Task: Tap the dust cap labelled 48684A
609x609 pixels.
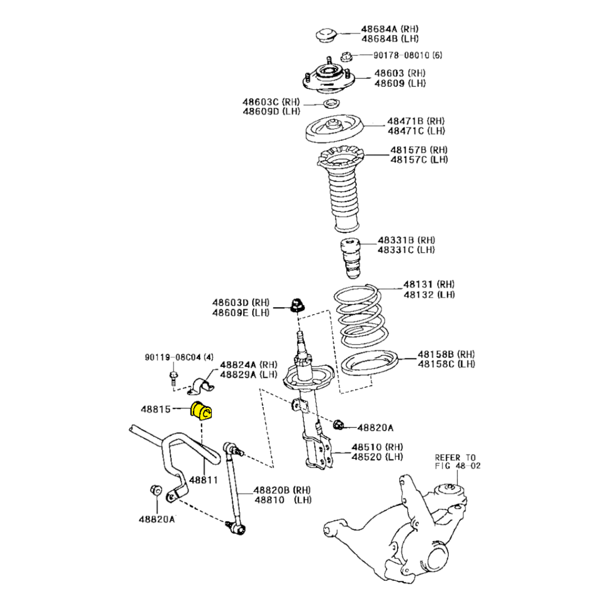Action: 325,34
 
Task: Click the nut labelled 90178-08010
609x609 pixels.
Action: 347,56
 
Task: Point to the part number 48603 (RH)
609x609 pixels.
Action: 400,73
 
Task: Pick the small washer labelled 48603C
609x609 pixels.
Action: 332,104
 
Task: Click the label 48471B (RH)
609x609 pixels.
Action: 416,121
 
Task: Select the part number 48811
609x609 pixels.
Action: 203,480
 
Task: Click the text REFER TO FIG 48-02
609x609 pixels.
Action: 457,461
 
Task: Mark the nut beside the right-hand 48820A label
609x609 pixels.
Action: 339,425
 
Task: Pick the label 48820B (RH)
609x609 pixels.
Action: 282,489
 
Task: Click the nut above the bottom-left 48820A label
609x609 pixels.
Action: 155,490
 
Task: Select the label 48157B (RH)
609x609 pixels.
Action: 419,151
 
